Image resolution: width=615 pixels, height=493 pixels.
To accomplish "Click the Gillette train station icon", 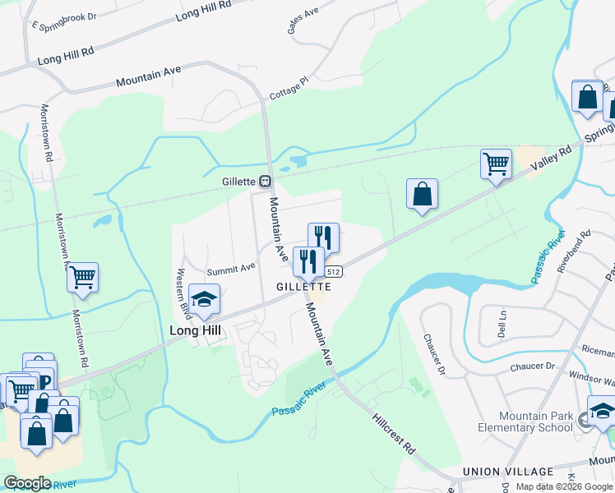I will tap(265, 182).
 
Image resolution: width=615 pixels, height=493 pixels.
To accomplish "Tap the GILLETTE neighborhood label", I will tap(304, 287).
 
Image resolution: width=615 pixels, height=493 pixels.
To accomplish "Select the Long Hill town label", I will tap(196, 330).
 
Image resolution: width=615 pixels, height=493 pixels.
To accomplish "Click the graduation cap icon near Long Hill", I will tap(204, 300).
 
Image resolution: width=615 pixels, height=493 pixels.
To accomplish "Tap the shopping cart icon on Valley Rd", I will tap(496, 163).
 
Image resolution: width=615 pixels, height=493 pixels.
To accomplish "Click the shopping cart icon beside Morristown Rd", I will tap(82, 277).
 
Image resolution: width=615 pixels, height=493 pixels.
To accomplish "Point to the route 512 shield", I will tap(333, 271).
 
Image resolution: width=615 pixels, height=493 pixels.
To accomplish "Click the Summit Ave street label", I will tap(231, 269).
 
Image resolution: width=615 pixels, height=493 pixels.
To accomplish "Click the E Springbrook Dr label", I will tap(64, 21).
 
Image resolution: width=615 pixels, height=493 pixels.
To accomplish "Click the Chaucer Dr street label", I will tap(433, 353).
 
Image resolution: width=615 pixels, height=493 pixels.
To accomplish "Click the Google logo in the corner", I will tap(27, 482).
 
